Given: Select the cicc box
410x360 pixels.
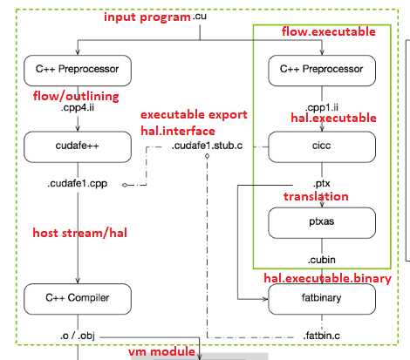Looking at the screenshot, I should [323, 146].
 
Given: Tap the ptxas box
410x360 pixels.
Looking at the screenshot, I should [323, 223].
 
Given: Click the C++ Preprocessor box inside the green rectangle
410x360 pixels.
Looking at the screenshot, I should [323, 68].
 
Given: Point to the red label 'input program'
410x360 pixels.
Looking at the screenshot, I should [147, 17].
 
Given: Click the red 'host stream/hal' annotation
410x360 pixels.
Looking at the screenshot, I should [79, 233].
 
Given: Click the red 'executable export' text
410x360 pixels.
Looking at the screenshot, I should [194, 114].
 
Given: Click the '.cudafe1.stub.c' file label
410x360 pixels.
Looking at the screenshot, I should [208, 146].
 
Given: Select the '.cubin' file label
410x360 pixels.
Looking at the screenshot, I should [323, 260].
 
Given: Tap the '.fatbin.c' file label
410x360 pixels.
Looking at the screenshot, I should [321, 335].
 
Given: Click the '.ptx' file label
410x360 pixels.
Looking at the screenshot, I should [321, 184].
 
